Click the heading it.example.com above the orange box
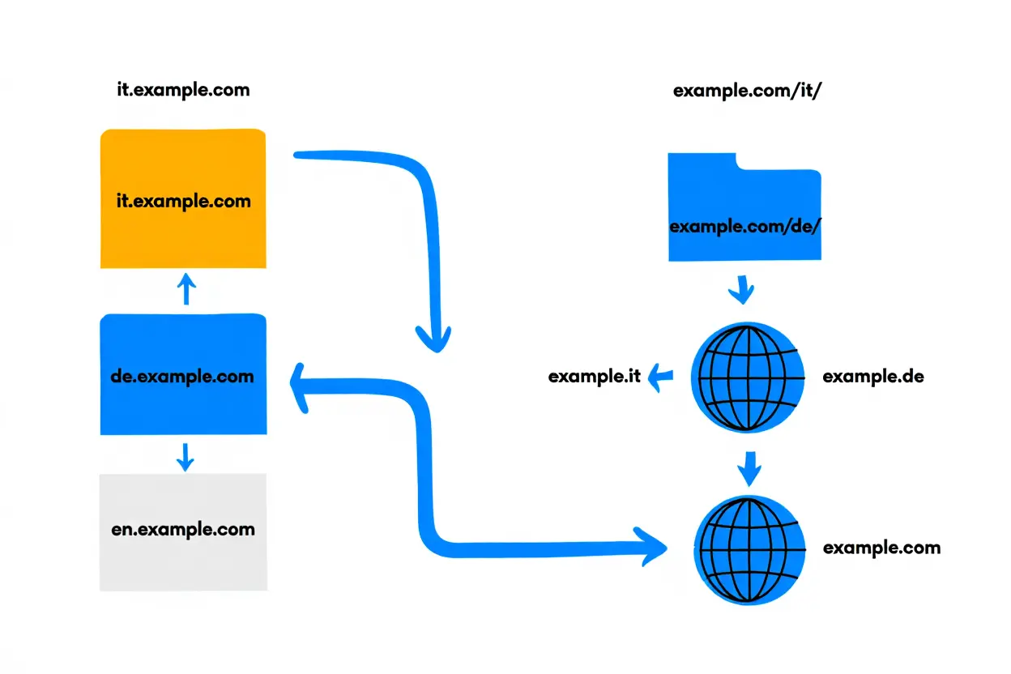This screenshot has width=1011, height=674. pos(183,90)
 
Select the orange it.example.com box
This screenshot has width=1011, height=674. pos(183,199)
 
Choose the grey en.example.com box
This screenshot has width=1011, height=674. pos(183,531)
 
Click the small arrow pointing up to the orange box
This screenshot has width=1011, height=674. pos(186,289)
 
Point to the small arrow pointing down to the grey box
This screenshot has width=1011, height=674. pos(186,457)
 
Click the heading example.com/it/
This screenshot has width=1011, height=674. pos(748,91)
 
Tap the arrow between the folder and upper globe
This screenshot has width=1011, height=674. pos(742,289)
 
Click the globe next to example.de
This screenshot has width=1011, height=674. pos(748,377)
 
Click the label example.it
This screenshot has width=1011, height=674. pos(595,377)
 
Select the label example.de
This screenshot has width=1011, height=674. pos(872,377)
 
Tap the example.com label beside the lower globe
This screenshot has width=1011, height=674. pos(881,548)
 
